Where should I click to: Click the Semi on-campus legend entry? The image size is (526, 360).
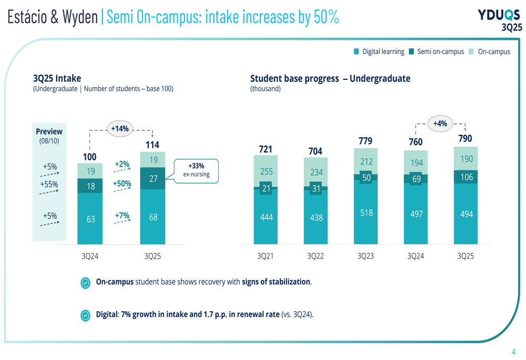click(x=436, y=52)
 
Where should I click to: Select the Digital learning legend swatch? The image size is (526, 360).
click(x=356, y=52)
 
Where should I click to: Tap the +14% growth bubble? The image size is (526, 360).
click(x=120, y=129)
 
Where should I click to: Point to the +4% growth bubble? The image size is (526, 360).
click(x=440, y=124)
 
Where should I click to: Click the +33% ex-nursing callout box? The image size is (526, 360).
click(x=196, y=170)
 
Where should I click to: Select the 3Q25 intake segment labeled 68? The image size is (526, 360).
click(x=153, y=217)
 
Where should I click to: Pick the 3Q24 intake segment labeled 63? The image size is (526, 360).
click(x=90, y=219)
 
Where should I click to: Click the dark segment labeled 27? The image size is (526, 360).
click(x=153, y=178)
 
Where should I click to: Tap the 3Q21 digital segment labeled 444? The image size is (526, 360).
click(x=266, y=217)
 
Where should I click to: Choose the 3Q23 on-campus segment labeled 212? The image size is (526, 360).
click(x=366, y=162)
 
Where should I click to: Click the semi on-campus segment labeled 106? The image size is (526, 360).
click(x=466, y=177)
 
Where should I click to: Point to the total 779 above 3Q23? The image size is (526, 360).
click(x=366, y=141)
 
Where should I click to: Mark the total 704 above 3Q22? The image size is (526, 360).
click(x=316, y=151)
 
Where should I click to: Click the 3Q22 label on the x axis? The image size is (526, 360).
click(x=316, y=256)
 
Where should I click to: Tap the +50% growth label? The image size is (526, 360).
click(x=122, y=183)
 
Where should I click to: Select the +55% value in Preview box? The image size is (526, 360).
click(x=49, y=184)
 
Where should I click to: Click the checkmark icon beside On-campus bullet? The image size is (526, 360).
click(x=85, y=282)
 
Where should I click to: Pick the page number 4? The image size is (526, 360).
click(x=513, y=352)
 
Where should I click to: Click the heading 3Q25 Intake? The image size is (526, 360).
click(x=57, y=78)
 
